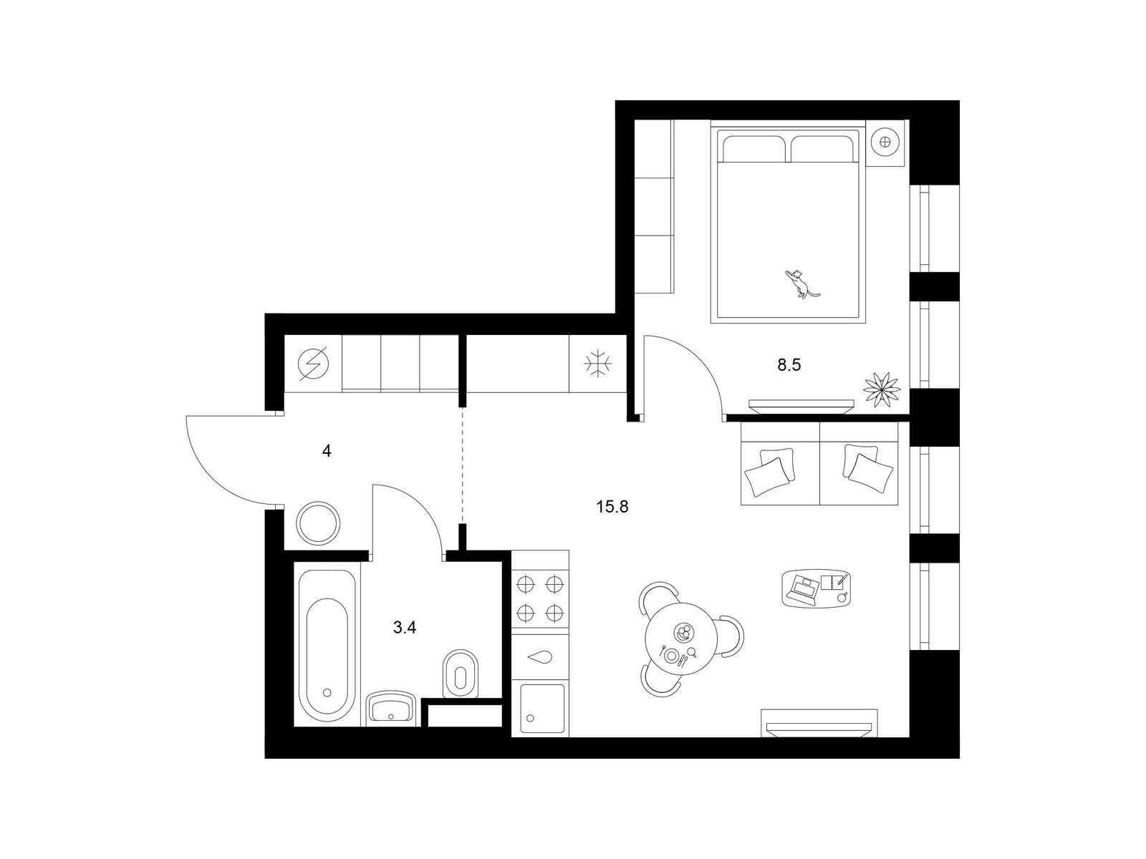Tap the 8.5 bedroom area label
(x=789, y=365)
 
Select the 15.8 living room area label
(x=612, y=506)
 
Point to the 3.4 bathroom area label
(x=405, y=628)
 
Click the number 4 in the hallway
(x=327, y=451)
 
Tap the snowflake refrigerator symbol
(x=598, y=364)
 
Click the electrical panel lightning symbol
(x=313, y=364)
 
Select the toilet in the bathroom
(x=460, y=673)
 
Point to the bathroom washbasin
(x=391, y=708)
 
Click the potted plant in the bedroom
(x=882, y=388)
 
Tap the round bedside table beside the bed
(x=885, y=142)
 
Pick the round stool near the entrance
(x=318, y=524)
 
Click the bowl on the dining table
(x=683, y=634)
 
